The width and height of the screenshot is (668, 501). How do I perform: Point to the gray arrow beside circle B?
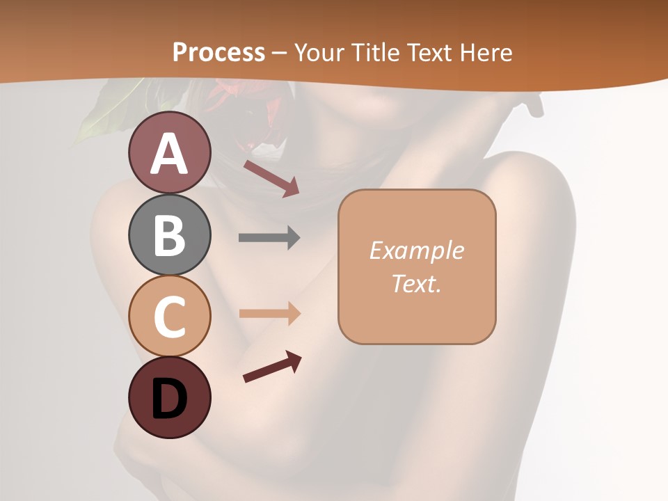(x=269, y=238)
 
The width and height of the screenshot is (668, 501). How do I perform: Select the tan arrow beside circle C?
(x=269, y=313)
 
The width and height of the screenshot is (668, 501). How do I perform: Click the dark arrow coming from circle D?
(x=272, y=367)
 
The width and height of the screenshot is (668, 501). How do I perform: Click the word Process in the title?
(x=218, y=52)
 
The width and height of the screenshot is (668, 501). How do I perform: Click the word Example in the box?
(x=416, y=250)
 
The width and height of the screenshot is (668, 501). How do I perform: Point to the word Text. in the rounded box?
(x=416, y=283)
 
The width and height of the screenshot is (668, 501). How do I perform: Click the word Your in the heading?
(x=319, y=52)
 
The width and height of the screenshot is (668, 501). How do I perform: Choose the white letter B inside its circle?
(x=169, y=235)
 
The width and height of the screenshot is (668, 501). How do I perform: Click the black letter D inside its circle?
(x=169, y=399)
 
